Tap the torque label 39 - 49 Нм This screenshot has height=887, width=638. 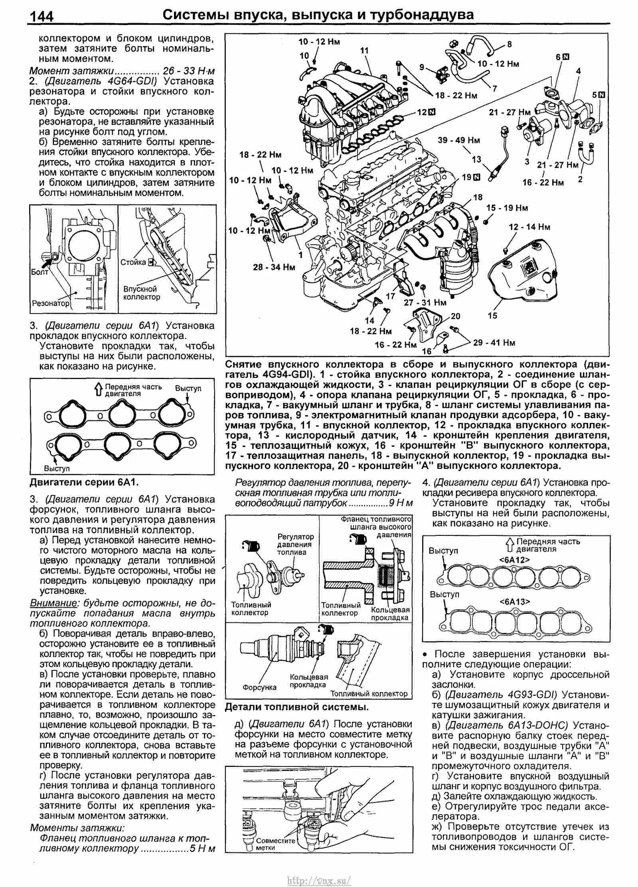[459, 140]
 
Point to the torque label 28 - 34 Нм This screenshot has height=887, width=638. [274, 267]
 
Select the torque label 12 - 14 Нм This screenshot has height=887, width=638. [529, 227]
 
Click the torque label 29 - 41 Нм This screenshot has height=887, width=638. [494, 343]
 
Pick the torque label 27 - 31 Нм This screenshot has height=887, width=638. [425, 302]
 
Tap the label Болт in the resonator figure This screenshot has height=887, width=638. [39, 272]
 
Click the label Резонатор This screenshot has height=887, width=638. [50, 304]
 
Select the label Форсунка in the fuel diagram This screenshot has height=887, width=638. [259, 687]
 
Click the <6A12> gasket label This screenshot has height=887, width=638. [514, 560]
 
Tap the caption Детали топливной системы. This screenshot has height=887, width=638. [296, 707]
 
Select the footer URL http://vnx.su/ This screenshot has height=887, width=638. [319, 878]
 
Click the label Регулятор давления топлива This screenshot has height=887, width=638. [296, 544]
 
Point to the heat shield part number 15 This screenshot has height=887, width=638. [493, 316]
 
